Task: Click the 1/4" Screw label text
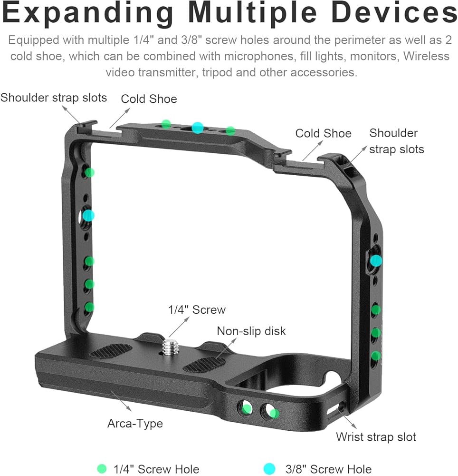(x=197, y=310)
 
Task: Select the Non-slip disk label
(x=251, y=331)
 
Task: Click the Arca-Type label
(x=135, y=423)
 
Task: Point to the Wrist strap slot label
(x=376, y=436)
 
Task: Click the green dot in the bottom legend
(x=101, y=469)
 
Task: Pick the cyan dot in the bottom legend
(x=269, y=469)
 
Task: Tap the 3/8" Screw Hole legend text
(x=328, y=469)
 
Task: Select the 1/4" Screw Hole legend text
(x=156, y=469)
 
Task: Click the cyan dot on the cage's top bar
(x=198, y=127)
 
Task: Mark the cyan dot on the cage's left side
(x=88, y=216)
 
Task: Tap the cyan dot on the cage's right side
(x=376, y=260)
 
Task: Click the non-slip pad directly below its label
(x=204, y=365)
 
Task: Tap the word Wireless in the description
(x=426, y=56)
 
